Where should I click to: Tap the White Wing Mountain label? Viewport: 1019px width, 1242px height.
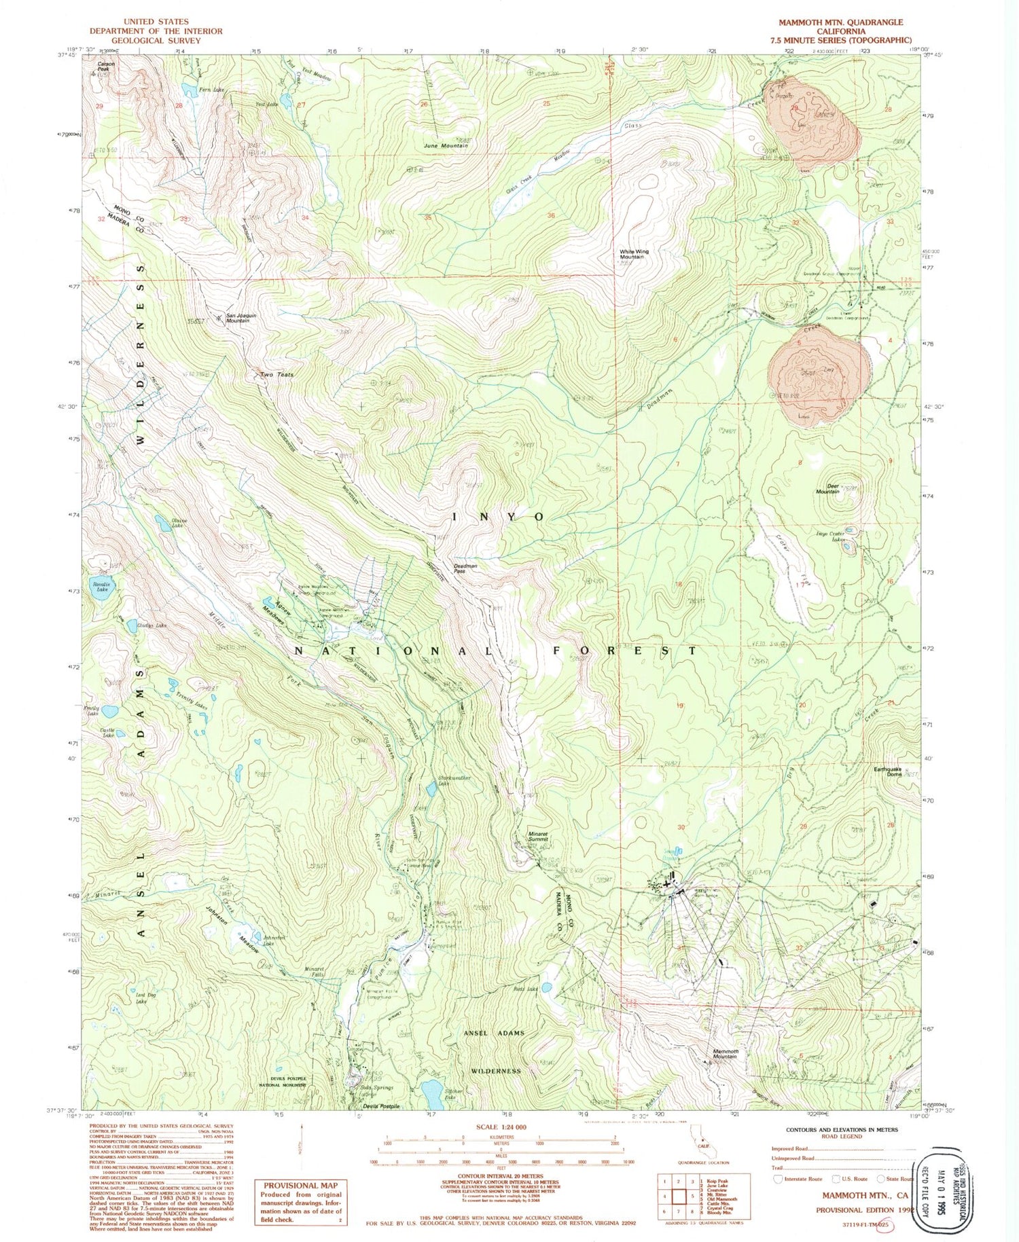[633, 254]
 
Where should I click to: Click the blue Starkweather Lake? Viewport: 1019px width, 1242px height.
[431, 789]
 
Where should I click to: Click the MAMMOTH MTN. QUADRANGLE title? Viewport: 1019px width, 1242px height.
[840, 22]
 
